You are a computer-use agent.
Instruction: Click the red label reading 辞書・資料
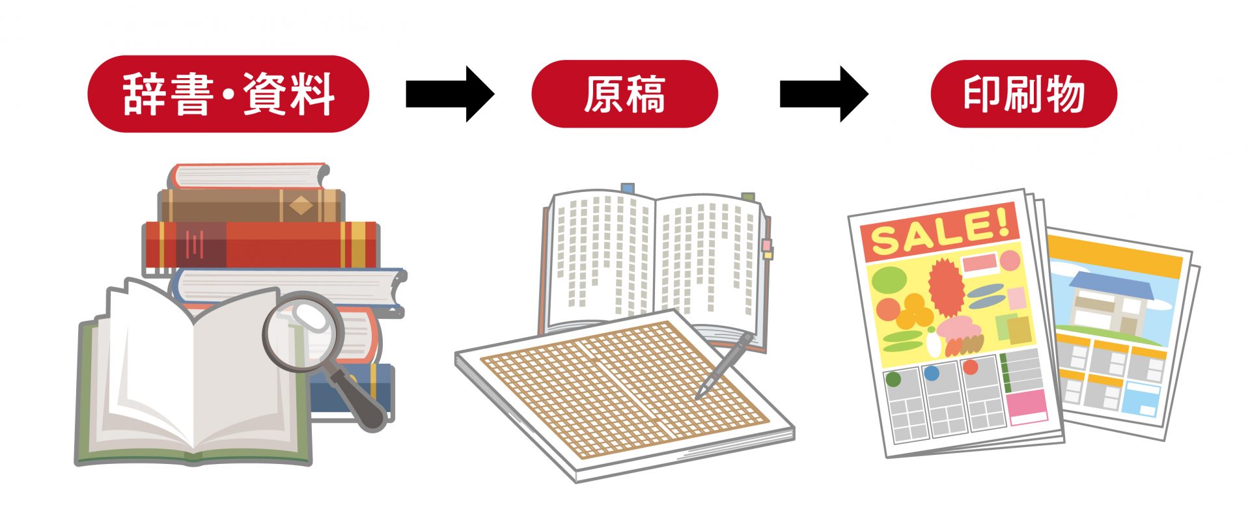coord(228,94)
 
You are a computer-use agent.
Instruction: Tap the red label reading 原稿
coord(624,94)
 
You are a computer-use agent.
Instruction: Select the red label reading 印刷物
coord(1023,94)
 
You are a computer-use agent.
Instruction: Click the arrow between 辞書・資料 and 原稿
coord(449,94)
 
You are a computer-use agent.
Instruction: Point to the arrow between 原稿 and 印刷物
coord(824,94)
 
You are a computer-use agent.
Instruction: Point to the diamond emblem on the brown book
coord(301,206)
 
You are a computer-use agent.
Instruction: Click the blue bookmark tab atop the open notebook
coord(627,189)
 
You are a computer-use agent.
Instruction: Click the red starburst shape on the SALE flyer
coord(945,286)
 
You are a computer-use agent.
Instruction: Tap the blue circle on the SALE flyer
coord(932,373)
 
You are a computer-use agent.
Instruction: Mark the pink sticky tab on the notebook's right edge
coord(766,245)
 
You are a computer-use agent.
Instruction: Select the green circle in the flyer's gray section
coord(893,378)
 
